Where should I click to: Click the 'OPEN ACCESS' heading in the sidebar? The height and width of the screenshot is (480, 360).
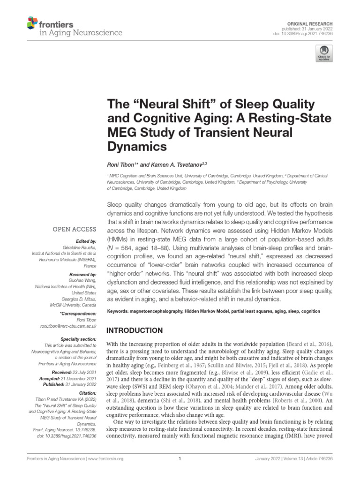coord(75,229)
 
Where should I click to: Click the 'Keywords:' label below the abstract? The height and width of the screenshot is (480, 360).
coord(120,311)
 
